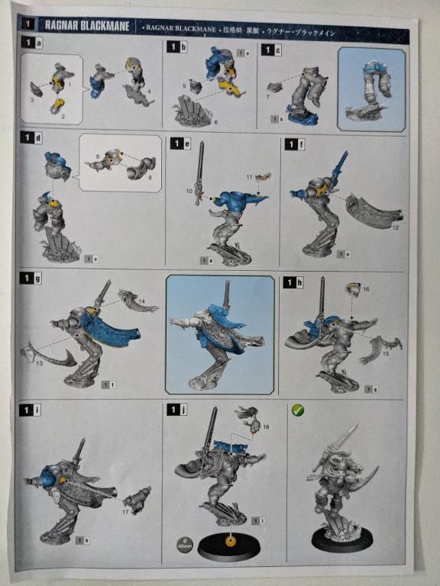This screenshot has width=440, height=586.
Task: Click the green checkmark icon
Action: [298, 410]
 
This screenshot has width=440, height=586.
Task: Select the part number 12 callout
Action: [396, 226]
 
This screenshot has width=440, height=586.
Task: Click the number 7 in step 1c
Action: [270, 97]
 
